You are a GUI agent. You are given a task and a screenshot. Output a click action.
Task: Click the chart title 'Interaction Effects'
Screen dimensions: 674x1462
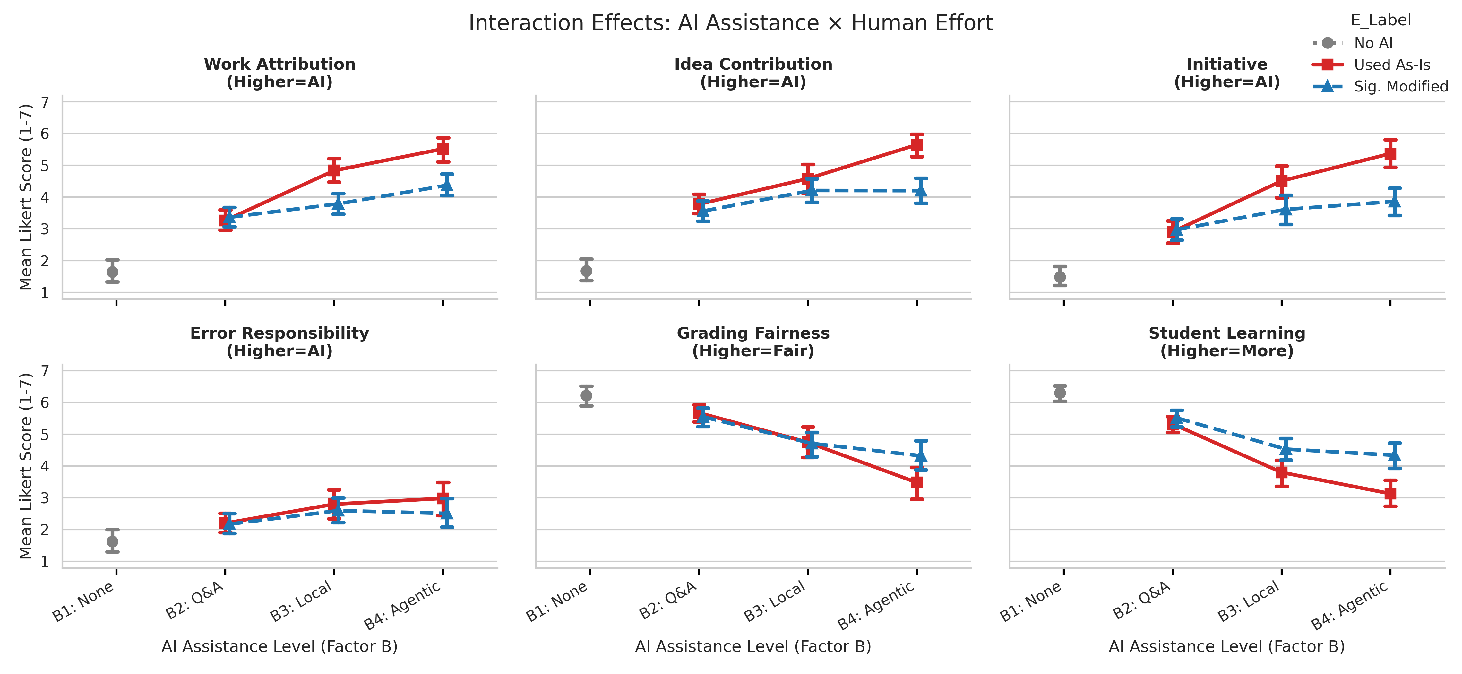(730, 23)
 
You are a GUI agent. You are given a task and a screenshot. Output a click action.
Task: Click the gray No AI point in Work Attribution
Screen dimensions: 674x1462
(112, 272)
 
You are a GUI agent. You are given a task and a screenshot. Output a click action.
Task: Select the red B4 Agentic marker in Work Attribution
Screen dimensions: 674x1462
(443, 149)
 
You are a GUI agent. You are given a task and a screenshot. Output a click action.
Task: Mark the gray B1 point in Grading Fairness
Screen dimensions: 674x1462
(586, 396)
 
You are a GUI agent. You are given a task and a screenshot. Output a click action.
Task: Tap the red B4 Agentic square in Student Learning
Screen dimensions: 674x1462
(1390, 493)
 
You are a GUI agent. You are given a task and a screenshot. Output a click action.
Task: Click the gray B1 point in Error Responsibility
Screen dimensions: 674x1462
(112, 542)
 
